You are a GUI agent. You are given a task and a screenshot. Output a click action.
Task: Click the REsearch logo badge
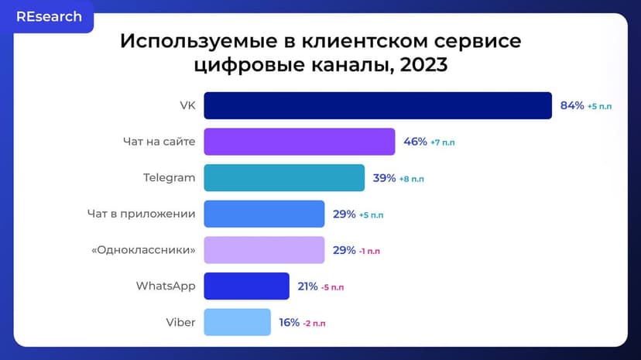pos(49,17)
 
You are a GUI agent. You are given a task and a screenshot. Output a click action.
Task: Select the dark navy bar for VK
pos(378,106)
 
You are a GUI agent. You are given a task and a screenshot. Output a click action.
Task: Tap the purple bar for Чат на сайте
pos(300,142)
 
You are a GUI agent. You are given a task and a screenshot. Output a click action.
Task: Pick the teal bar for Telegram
pos(284,178)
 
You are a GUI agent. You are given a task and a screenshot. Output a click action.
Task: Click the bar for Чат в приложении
pos(264,214)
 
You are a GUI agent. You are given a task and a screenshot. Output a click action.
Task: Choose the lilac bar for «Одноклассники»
pos(264,250)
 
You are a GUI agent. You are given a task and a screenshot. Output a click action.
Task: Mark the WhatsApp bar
pos(246,286)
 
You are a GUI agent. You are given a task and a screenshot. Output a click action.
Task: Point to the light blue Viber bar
pos(237,322)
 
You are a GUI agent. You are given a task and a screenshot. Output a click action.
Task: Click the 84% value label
pos(572,106)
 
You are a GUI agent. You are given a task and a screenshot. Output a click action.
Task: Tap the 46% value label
pos(415,142)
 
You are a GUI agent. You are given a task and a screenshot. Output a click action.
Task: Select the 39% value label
pos(384,178)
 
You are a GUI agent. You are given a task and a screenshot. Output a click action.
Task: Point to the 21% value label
pos(307,286)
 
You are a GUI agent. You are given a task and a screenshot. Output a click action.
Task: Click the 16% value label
pos(289,322)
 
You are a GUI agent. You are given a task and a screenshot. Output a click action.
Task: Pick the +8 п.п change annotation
pos(411,179)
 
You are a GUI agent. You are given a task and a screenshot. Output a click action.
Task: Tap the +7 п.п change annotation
pos(444,142)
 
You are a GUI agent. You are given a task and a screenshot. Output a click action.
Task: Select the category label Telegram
pos(169,178)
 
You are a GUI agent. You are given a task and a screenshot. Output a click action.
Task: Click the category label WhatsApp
pos(166,286)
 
